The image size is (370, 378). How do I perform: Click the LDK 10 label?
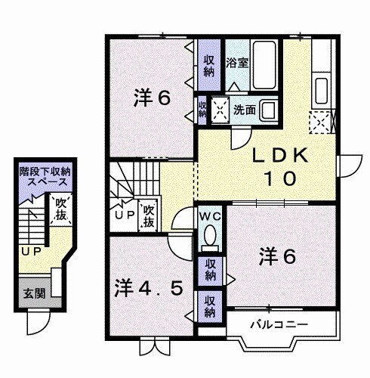pyautogui.click(x=279, y=166)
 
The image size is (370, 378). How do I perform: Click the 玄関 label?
pyautogui.click(x=31, y=293)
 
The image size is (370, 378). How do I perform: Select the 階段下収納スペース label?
pyautogui.click(x=45, y=178)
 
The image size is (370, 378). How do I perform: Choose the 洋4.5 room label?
pyautogui.click(x=147, y=288)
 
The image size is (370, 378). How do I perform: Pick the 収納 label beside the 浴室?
pyautogui.click(x=209, y=64)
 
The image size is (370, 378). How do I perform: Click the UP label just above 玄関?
pyautogui.click(x=30, y=250)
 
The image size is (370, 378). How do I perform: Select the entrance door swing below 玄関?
pyautogui.click(x=37, y=323)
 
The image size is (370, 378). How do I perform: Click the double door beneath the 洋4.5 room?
pyautogui.click(x=152, y=345)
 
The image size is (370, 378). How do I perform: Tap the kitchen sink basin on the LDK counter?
pyautogui.click(x=320, y=89)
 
